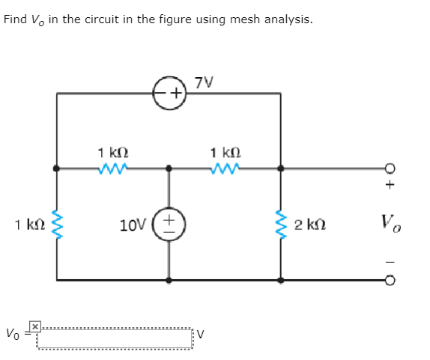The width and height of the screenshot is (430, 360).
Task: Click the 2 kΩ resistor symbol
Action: [282, 224]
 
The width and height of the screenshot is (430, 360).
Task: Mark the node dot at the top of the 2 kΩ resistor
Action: [282, 168]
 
